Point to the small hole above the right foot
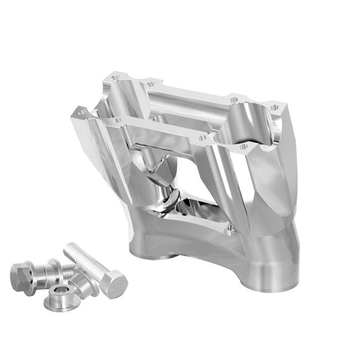coord(229,227)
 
